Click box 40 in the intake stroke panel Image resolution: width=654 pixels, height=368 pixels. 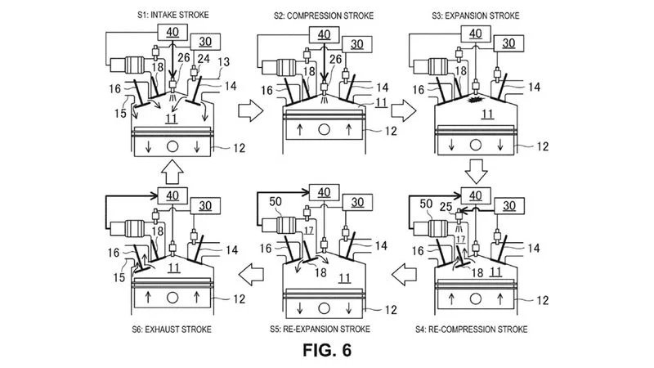pyautogui.click(x=172, y=33)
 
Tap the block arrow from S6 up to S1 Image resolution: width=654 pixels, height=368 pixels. pyautogui.click(x=172, y=172)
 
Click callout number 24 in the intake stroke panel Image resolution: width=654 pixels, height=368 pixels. pyautogui.click(x=205, y=59)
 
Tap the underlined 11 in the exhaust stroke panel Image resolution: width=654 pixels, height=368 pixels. pyautogui.click(x=172, y=267)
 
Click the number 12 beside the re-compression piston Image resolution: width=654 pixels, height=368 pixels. pyautogui.click(x=543, y=301)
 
